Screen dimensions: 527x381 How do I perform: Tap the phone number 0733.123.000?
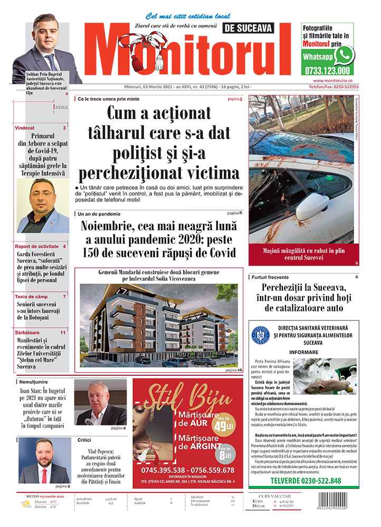coord(327,71)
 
